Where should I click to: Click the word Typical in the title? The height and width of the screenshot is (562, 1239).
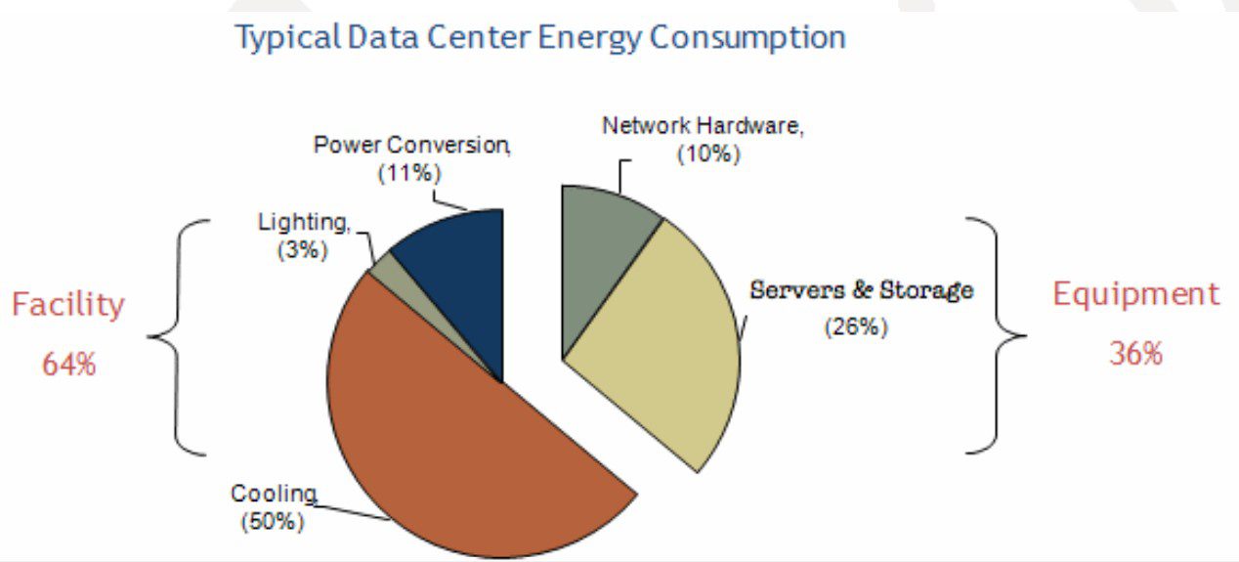click(286, 39)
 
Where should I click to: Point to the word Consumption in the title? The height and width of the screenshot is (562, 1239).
click(747, 39)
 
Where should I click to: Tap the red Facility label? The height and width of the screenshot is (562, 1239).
click(68, 305)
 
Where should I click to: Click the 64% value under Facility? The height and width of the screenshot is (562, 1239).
click(68, 365)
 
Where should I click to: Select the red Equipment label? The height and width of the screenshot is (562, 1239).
click(1135, 293)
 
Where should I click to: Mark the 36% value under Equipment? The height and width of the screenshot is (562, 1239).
click(1135, 353)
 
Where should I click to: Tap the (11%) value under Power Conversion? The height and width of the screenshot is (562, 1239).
click(409, 173)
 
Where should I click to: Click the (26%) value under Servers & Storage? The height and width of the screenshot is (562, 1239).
click(856, 326)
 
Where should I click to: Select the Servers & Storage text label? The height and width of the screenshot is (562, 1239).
click(861, 290)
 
